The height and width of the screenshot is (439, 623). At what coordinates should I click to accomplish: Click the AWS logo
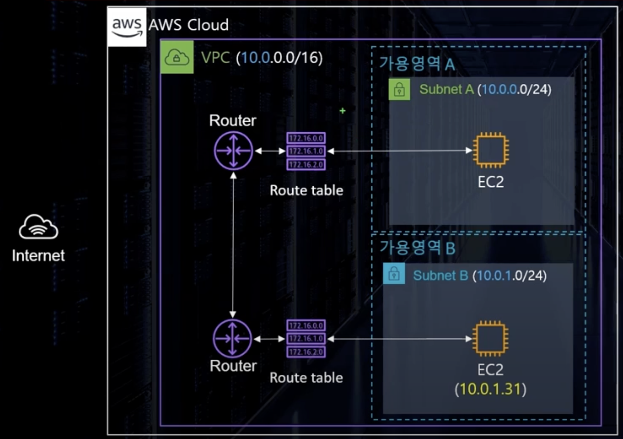tap(127, 27)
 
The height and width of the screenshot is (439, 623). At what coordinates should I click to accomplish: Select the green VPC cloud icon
tap(177, 57)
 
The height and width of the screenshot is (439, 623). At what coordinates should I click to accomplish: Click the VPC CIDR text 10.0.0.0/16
tap(279, 58)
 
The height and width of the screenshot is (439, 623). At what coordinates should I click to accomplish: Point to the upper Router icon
tap(233, 151)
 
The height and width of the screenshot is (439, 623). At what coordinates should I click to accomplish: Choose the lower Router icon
tap(233, 339)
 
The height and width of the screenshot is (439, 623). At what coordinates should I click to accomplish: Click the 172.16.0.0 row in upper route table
tap(306, 138)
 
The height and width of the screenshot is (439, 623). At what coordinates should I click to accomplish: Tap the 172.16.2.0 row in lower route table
tap(306, 352)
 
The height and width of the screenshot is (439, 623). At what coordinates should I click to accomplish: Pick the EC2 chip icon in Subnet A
tap(490, 150)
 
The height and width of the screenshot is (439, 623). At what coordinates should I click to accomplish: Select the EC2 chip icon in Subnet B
tap(490, 339)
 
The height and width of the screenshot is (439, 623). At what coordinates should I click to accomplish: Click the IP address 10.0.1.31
tap(490, 389)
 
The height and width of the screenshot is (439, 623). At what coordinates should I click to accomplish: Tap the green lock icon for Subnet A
tap(399, 89)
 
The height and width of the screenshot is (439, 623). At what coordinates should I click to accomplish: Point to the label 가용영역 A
tap(417, 63)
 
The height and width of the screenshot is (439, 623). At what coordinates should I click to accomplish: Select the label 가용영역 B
tap(417, 247)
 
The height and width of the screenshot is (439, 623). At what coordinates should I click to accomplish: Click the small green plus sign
tap(342, 111)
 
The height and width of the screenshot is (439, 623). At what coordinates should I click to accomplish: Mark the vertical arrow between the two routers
tap(233, 245)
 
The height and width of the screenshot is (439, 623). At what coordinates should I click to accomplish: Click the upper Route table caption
tap(306, 190)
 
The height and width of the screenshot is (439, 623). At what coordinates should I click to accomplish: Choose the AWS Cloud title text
tap(188, 25)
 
